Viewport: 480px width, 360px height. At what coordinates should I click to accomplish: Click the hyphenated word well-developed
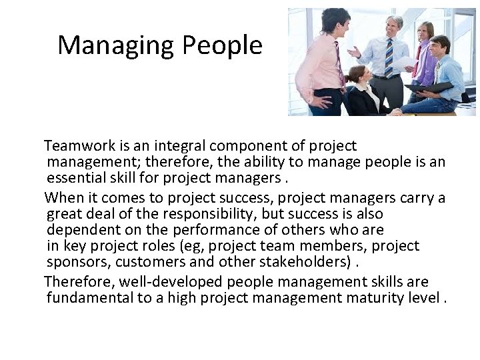coord(145,282)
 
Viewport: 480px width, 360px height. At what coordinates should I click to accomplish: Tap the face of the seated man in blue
coord(441,47)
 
